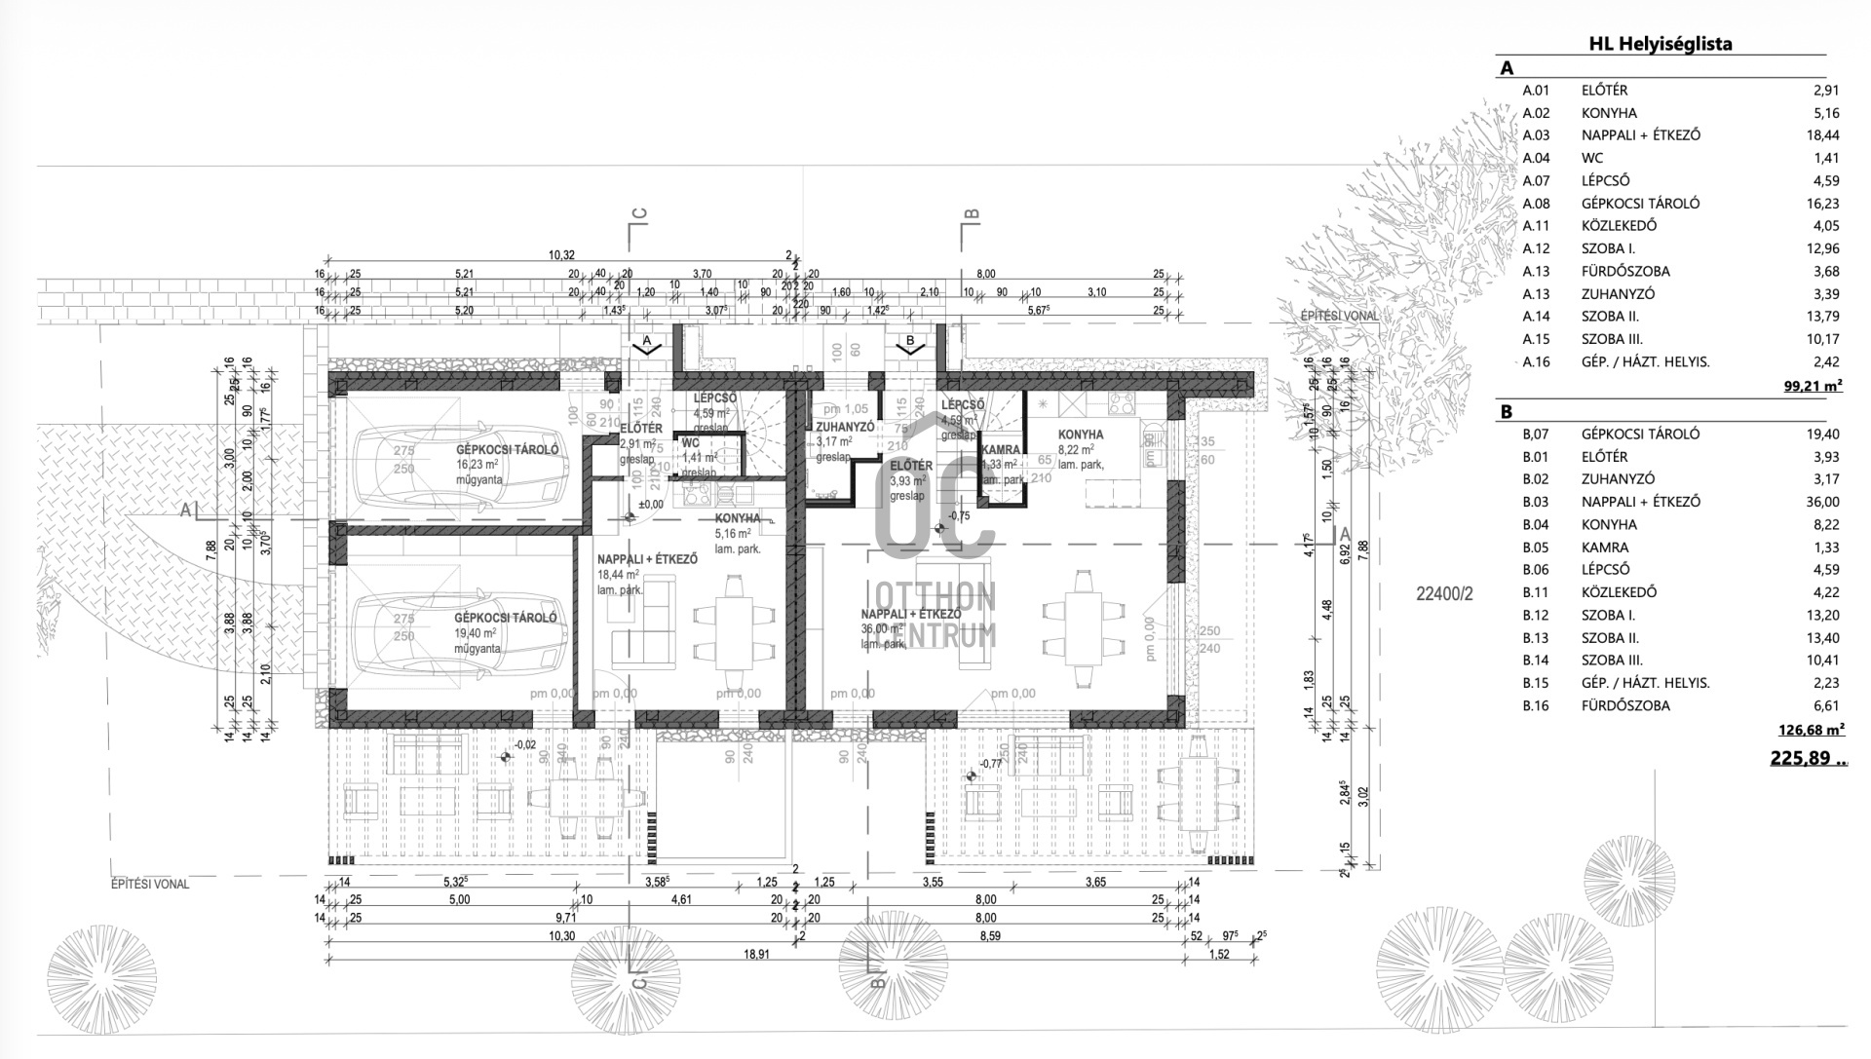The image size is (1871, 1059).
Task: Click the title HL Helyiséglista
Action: [x=1660, y=44]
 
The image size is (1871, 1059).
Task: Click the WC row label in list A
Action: [x=1592, y=158]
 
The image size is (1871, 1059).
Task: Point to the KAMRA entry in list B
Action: [x=1605, y=548]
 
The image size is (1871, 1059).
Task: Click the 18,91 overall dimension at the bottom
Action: [x=756, y=955]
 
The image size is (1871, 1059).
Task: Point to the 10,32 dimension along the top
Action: [x=562, y=255]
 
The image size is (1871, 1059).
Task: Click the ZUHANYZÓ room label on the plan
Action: [x=845, y=427]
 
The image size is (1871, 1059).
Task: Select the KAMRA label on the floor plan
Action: [x=1001, y=450]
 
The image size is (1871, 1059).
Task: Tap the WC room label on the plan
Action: [x=690, y=443]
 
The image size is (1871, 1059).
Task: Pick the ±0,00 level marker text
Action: [x=650, y=505]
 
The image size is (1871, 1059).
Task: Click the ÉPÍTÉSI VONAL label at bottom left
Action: [x=149, y=885]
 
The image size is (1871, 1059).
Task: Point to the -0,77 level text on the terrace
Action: [x=992, y=764]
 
